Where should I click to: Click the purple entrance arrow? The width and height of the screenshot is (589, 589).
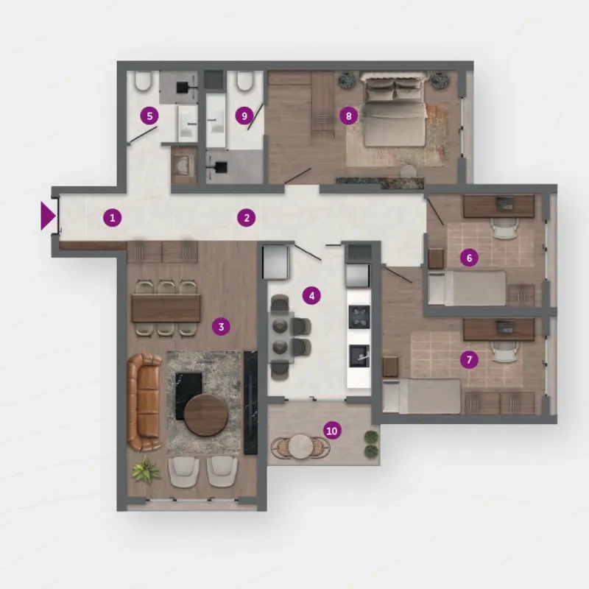pos(48,216)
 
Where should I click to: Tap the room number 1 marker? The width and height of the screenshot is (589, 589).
pos(113,218)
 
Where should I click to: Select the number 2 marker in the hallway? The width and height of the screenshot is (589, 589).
pos(247,218)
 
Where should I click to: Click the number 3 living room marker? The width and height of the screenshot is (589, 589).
pos(222,327)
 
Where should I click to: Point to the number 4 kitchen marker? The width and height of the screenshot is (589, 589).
pos(311,296)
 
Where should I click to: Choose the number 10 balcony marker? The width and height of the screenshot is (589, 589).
pos(332,431)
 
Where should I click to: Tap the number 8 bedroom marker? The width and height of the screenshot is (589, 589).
pos(348,116)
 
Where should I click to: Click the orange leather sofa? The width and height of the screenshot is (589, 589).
pos(144,402)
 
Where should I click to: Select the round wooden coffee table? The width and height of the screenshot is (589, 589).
pos(206,415)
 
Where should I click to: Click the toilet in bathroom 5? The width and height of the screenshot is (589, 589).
pos(143,80)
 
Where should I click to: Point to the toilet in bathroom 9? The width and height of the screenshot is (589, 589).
pos(245,80)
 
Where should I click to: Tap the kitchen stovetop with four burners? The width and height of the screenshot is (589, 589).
pos(359,317)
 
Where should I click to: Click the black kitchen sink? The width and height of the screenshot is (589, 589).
pos(359,356)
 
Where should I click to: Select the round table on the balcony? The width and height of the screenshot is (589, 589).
pos(301,446)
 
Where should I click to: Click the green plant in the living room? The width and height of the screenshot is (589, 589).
pos(146,470)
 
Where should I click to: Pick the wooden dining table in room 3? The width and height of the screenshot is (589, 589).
pos(166,308)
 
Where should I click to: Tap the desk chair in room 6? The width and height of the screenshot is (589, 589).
pos(505,228)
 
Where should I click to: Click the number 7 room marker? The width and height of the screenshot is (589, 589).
pos(469,360)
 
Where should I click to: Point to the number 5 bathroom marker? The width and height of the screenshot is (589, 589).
pos(149,116)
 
